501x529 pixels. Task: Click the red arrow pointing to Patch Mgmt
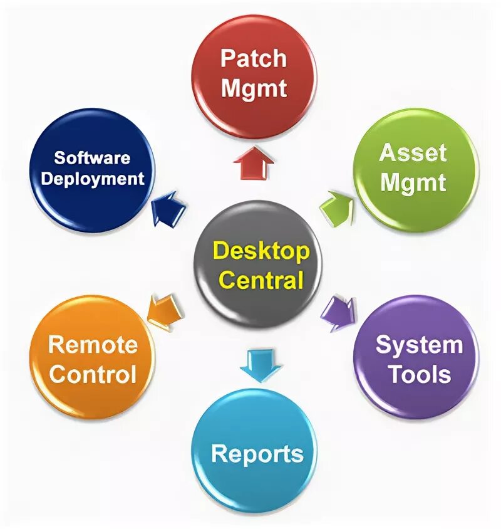pyautogui.click(x=254, y=164)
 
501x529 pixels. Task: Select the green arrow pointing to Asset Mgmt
pyautogui.click(x=338, y=207)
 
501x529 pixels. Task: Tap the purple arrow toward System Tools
pyautogui.click(x=340, y=312)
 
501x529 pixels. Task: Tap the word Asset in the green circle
pyautogui.click(x=413, y=153)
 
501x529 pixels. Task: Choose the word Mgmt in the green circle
pyautogui.click(x=413, y=182)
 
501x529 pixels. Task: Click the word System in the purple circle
pyautogui.click(x=419, y=345)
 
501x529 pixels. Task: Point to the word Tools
pyautogui.click(x=419, y=374)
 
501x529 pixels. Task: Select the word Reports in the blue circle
pyautogui.click(x=257, y=453)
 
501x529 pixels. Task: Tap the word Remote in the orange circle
pyautogui.click(x=93, y=345)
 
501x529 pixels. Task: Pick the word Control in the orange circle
pyautogui.click(x=93, y=374)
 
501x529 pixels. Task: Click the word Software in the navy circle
pyautogui.click(x=92, y=158)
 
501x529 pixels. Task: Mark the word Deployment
pyautogui.click(x=92, y=179)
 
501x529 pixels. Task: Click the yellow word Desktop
pyautogui.click(x=261, y=251)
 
